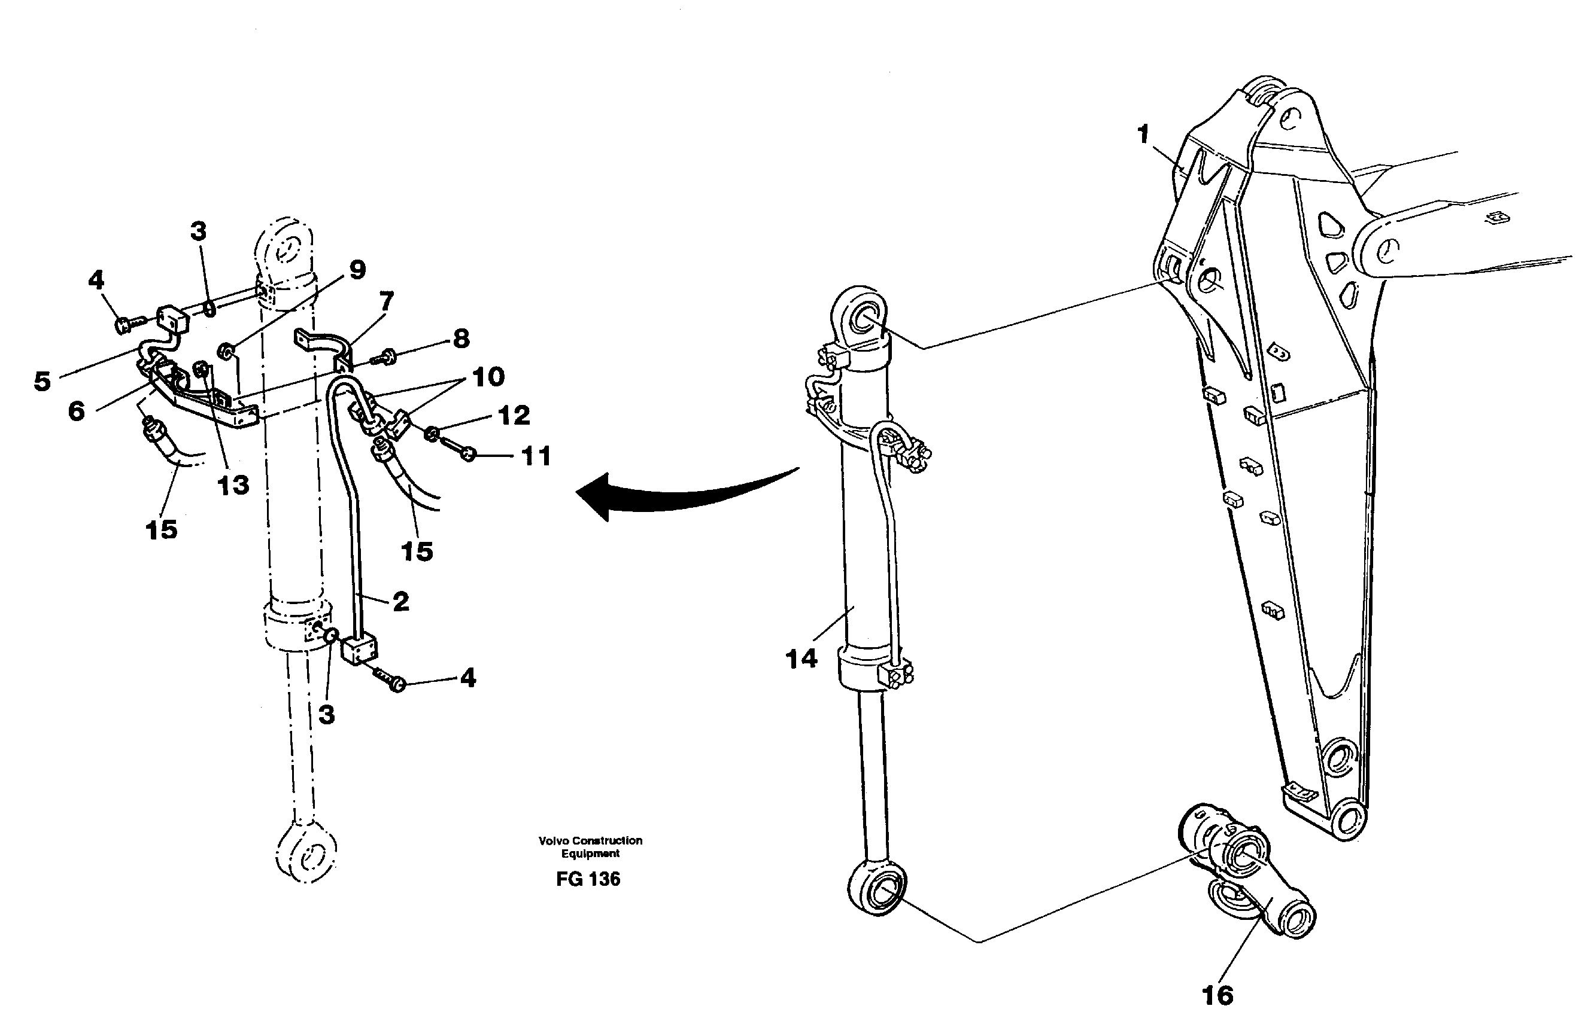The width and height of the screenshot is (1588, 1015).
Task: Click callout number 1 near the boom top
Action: [1143, 135]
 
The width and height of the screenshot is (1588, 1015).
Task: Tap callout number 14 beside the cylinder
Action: [801, 659]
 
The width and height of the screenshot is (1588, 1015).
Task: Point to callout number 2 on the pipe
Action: [400, 601]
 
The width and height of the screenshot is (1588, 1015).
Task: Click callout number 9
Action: [357, 270]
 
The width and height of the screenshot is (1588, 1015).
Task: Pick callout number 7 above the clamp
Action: [386, 301]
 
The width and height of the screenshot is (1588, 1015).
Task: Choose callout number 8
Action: [461, 339]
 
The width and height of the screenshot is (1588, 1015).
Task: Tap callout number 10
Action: [488, 377]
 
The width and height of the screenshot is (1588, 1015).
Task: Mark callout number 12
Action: [514, 415]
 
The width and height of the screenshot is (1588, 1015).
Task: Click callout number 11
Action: [536, 456]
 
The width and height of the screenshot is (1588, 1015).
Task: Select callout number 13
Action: [233, 485]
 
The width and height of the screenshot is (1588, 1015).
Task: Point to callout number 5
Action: [42, 381]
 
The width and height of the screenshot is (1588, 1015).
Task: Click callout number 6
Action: [77, 412]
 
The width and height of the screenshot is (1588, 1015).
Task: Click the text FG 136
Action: [588, 879]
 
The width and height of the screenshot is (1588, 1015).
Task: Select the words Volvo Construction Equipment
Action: [590, 847]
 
